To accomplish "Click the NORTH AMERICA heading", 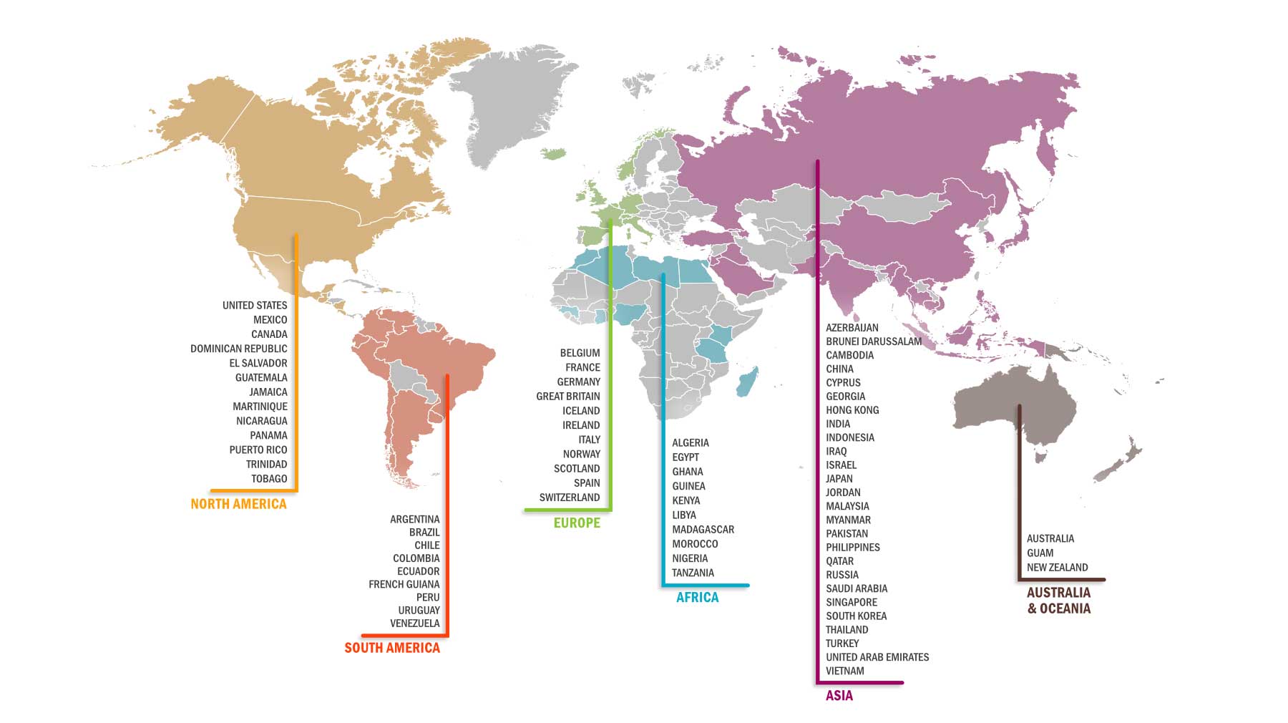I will click(238, 504).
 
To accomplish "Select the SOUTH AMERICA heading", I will click(391, 648).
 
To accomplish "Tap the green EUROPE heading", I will click(577, 523).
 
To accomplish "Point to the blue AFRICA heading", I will click(697, 598).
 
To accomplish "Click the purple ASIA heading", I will click(839, 696).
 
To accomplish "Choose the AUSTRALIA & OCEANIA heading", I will click(1058, 601).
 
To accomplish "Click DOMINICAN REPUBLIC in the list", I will click(238, 349).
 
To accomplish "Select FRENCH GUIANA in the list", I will click(404, 584).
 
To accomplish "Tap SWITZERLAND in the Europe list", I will click(569, 498).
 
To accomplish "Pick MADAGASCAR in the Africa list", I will click(703, 530).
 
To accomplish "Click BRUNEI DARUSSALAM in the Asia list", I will click(873, 341).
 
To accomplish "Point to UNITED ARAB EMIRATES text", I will click(877, 657).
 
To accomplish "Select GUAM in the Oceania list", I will click(1040, 553).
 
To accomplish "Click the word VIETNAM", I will click(844, 671).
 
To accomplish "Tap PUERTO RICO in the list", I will click(258, 450).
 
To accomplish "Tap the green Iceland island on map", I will click(552, 153).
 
